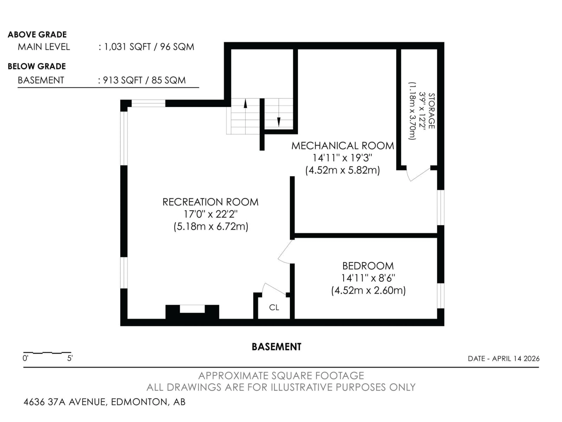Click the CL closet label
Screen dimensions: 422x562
(x=274, y=308)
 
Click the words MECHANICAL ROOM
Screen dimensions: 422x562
(x=342, y=146)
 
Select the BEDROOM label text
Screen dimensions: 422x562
(x=368, y=266)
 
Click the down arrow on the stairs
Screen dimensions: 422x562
(x=279, y=122)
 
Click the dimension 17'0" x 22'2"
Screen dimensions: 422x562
(x=210, y=214)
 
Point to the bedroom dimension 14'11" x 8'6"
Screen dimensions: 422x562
(x=368, y=278)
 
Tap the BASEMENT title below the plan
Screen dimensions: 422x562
(x=276, y=347)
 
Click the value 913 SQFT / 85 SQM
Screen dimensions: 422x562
(x=144, y=80)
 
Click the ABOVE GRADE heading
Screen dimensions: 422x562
(x=37, y=34)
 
